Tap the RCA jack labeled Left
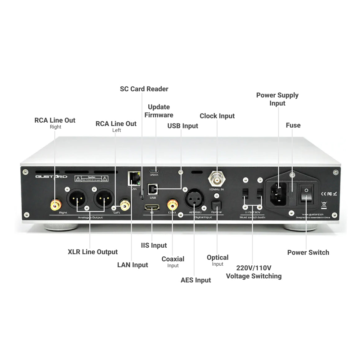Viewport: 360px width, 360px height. coord(125,205)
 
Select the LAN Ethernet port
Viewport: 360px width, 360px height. coord(134,179)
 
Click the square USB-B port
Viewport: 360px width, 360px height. coord(153,189)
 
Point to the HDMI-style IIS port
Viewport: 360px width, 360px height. coord(152,207)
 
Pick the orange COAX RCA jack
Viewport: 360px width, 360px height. coord(172,205)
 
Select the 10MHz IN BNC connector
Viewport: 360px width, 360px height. coord(216,179)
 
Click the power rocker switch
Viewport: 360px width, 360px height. coord(306,194)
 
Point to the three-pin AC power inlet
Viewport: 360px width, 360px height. coord(278,193)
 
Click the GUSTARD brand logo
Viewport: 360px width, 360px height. coord(51,177)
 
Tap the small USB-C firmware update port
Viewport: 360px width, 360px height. coord(154,171)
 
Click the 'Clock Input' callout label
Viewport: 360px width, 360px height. coord(217,116)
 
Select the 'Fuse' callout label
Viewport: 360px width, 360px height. coord(293,125)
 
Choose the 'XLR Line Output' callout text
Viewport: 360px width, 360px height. coord(93,252)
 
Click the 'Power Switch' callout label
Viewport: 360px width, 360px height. coord(308,253)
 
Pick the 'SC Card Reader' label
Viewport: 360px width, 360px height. coord(144,89)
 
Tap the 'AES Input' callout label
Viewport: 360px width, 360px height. coord(196,280)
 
